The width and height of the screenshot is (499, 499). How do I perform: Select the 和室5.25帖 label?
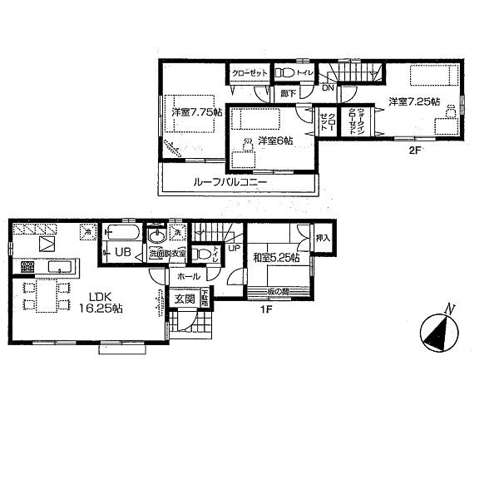tap(276, 257)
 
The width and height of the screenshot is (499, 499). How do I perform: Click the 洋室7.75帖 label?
tap(196, 112)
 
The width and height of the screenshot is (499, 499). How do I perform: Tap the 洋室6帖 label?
tap(274, 141)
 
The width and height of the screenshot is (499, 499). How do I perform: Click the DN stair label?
tap(328, 87)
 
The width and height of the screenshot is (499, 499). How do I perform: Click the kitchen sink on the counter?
tap(58, 267)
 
